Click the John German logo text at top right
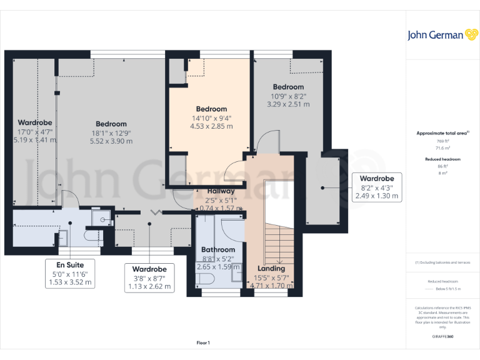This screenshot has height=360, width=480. coord(436,35)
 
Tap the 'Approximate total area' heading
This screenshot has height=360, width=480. coord(442,133)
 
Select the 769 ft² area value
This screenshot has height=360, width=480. coord(442,141)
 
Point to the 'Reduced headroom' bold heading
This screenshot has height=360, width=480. coord(442,159)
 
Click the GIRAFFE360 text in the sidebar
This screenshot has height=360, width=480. coord(442,336)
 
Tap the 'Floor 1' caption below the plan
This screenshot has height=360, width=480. coord(203,342)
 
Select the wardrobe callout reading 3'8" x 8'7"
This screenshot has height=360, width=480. coord(150,278)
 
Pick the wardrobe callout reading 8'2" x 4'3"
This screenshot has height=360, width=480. coord(376,187)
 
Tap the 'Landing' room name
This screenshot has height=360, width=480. coord(271,268)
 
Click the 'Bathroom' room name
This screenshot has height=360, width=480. coord(218,250)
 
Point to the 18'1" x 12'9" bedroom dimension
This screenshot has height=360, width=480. coord(111,132)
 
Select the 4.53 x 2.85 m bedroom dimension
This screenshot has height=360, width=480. coord(211,126)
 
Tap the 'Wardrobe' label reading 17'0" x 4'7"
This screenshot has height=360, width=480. coord(34,131)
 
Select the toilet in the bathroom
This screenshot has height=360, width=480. coord(206,278)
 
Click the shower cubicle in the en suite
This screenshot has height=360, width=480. coord(101,216)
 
